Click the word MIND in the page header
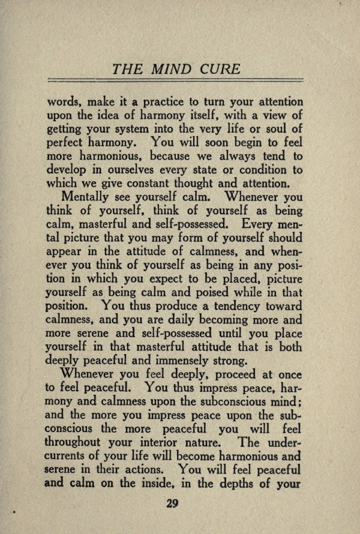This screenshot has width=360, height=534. (171, 70)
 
